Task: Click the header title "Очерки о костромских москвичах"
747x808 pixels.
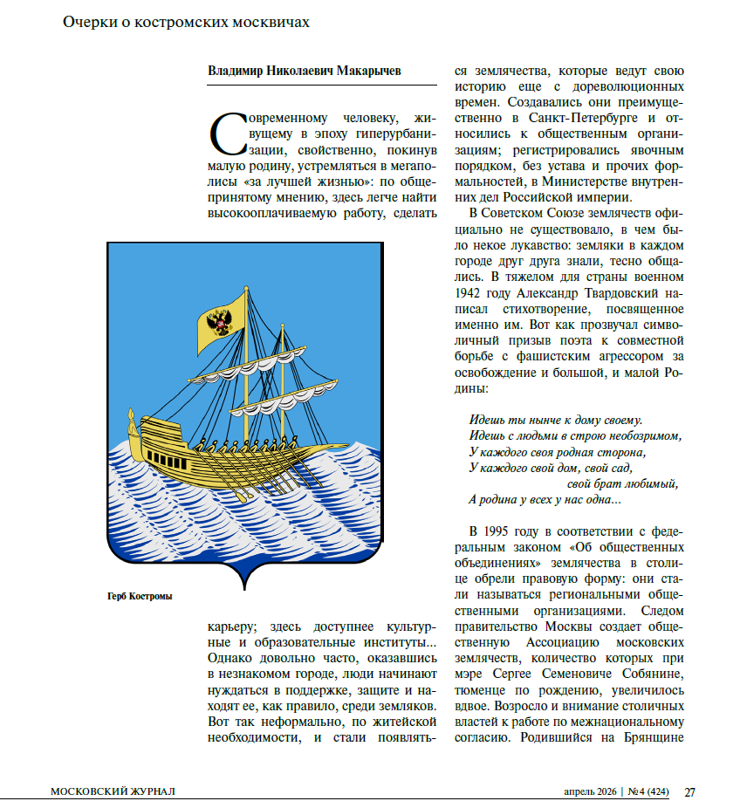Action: pyautogui.click(x=186, y=23)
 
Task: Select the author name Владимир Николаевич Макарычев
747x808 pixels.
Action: pyautogui.click(x=305, y=71)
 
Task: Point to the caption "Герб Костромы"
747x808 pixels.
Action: pyautogui.click(x=134, y=597)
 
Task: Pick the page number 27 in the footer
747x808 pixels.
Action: pyautogui.click(x=689, y=791)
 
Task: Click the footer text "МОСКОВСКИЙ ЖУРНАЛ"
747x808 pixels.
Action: pyautogui.click(x=113, y=791)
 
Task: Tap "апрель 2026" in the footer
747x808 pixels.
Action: pyautogui.click(x=588, y=791)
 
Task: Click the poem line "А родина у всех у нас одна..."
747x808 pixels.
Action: pyautogui.click(x=545, y=500)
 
